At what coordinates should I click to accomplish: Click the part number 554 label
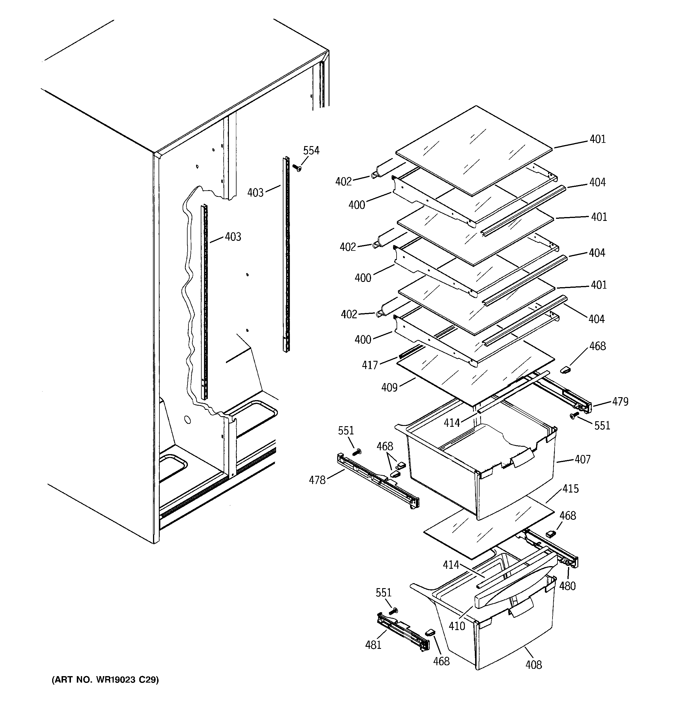click(x=311, y=150)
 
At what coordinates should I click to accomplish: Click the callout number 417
click(x=370, y=365)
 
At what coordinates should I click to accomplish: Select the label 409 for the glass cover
click(x=389, y=387)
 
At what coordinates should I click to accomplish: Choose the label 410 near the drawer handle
click(x=457, y=626)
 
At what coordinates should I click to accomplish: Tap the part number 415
click(x=570, y=488)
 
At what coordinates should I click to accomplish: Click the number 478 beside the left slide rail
click(x=317, y=480)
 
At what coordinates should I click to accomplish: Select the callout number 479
click(x=620, y=402)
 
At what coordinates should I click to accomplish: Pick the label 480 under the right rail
click(x=567, y=586)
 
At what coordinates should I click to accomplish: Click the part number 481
click(x=373, y=645)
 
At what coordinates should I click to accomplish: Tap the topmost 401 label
click(x=598, y=139)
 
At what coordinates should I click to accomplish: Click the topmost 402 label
click(x=344, y=182)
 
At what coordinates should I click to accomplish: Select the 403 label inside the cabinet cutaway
click(x=233, y=237)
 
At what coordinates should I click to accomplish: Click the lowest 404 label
click(x=596, y=319)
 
